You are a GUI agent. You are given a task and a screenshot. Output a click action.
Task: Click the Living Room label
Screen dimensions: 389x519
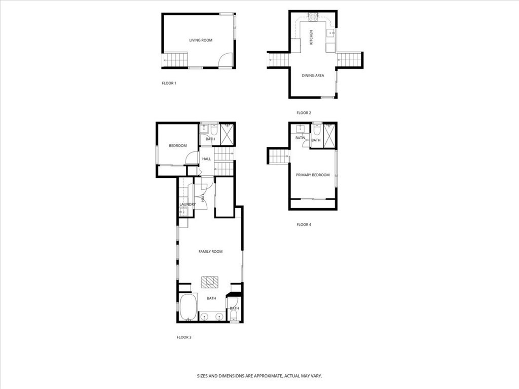pyautogui.click(x=201, y=40)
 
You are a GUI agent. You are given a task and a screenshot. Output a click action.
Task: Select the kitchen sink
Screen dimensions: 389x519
pyautogui.click(x=330, y=34)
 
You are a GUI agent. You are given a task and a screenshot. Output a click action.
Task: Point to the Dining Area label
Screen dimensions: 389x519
pyautogui.click(x=313, y=75)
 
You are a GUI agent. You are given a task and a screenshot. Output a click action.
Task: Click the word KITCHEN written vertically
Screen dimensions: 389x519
pyautogui.click(x=311, y=37)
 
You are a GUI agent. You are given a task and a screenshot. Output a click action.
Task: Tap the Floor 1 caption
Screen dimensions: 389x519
pyautogui.click(x=169, y=83)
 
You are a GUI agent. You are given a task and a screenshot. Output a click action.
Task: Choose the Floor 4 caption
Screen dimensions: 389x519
pyautogui.click(x=304, y=224)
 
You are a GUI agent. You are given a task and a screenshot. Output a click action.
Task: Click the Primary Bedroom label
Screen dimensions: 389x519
pyautogui.click(x=313, y=175)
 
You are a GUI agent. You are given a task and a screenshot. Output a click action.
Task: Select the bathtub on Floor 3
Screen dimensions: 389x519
pyautogui.click(x=188, y=307)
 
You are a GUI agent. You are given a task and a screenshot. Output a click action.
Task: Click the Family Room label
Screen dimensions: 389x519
pyautogui.click(x=210, y=252)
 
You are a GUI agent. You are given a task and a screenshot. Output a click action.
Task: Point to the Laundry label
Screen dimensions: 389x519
pyautogui.click(x=187, y=205)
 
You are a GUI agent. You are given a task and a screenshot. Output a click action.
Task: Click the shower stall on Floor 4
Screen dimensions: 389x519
pyautogui.click(x=330, y=135)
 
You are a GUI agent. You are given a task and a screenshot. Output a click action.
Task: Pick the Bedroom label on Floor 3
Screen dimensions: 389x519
pyautogui.click(x=177, y=146)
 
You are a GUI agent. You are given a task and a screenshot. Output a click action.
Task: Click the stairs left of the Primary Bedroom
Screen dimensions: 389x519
pyautogui.click(x=278, y=157)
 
